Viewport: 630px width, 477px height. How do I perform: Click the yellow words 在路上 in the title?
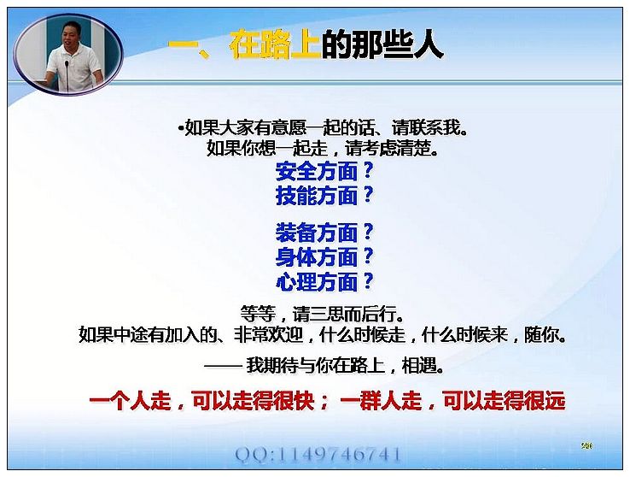click(275, 44)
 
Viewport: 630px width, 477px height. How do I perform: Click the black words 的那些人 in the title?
click(382, 44)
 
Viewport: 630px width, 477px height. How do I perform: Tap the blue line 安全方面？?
click(324, 172)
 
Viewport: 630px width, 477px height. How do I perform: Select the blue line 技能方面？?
click(324, 196)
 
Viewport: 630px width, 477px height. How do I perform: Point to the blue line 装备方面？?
click(324, 233)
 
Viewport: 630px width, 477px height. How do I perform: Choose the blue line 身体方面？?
click(324, 257)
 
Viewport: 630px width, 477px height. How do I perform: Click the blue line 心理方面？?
click(324, 281)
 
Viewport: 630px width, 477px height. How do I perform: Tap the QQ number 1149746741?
click(340, 455)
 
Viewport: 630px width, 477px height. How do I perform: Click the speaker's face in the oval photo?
click(72, 35)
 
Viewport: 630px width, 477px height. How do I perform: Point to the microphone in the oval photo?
click(67, 74)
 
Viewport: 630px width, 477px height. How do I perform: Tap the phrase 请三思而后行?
click(344, 314)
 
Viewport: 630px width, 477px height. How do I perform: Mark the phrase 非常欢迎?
click(268, 334)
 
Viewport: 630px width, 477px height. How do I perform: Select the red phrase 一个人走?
click(130, 401)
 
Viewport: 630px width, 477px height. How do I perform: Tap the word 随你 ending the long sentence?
click(541, 334)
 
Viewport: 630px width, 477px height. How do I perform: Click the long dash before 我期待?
click(222, 366)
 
